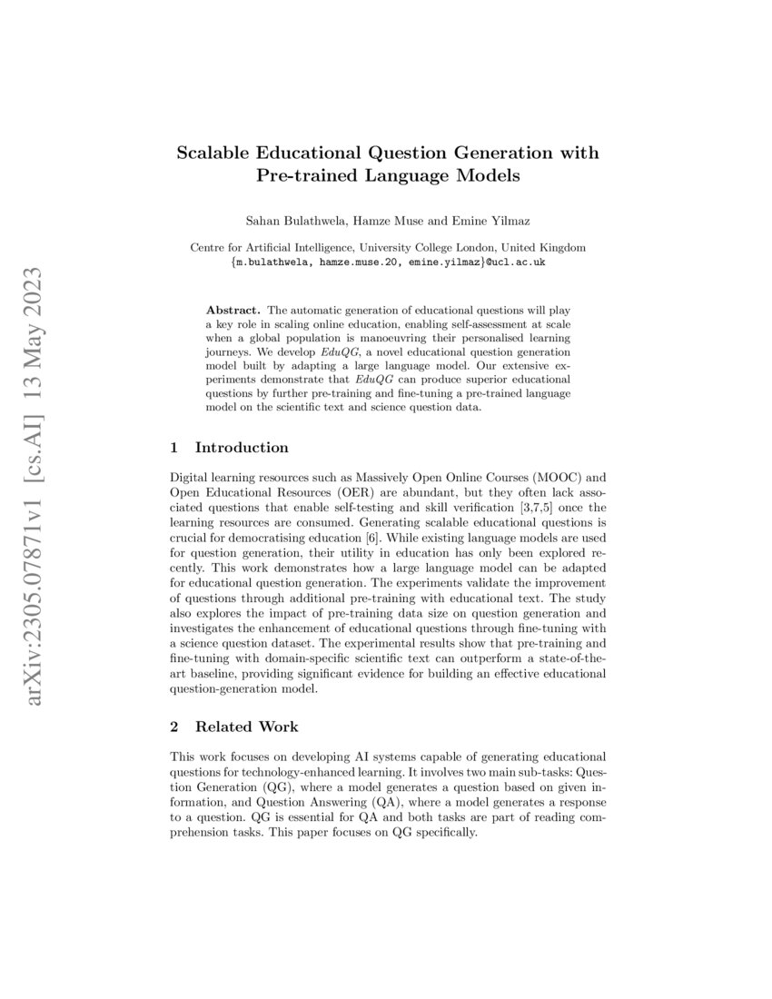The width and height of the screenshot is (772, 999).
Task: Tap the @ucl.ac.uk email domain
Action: pyautogui.click(x=517, y=262)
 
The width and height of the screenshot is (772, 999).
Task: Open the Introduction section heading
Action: pyautogui.click(x=242, y=447)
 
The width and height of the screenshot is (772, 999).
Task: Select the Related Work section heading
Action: pyautogui.click(x=246, y=727)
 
